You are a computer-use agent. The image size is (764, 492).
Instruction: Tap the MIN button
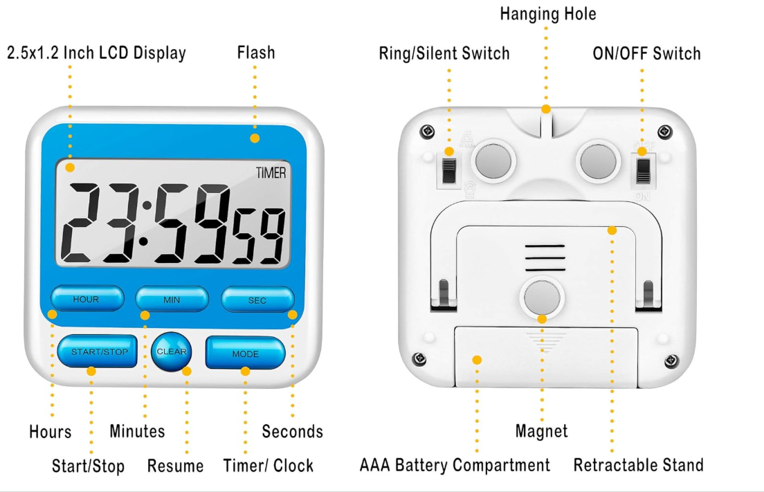coord(172,300)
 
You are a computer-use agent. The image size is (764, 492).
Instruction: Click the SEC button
coord(257,300)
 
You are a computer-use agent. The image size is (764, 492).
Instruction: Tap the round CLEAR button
coord(171,352)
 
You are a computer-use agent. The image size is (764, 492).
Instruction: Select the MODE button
coord(245,353)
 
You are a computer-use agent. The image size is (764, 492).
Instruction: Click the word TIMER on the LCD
coord(271,173)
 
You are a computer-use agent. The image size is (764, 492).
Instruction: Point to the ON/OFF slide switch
coord(644,170)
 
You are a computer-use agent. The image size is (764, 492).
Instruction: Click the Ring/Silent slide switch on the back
coord(450,171)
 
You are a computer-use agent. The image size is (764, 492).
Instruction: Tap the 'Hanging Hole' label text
coord(547,14)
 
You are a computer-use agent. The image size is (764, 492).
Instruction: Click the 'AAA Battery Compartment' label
coord(455,465)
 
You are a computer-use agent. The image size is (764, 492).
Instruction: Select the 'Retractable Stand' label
coord(638,465)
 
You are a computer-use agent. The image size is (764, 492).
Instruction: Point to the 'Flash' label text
coord(255,53)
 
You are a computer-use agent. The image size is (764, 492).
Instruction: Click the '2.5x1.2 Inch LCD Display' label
coord(96,53)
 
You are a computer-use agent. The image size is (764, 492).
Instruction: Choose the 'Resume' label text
coord(175,466)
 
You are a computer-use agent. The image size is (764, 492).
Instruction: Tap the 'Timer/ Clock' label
coord(268,466)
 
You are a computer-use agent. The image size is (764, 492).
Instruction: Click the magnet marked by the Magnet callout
coord(542,298)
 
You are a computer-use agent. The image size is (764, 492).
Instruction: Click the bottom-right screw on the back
coord(671,361)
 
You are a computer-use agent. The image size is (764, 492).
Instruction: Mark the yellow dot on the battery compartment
coord(477,360)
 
